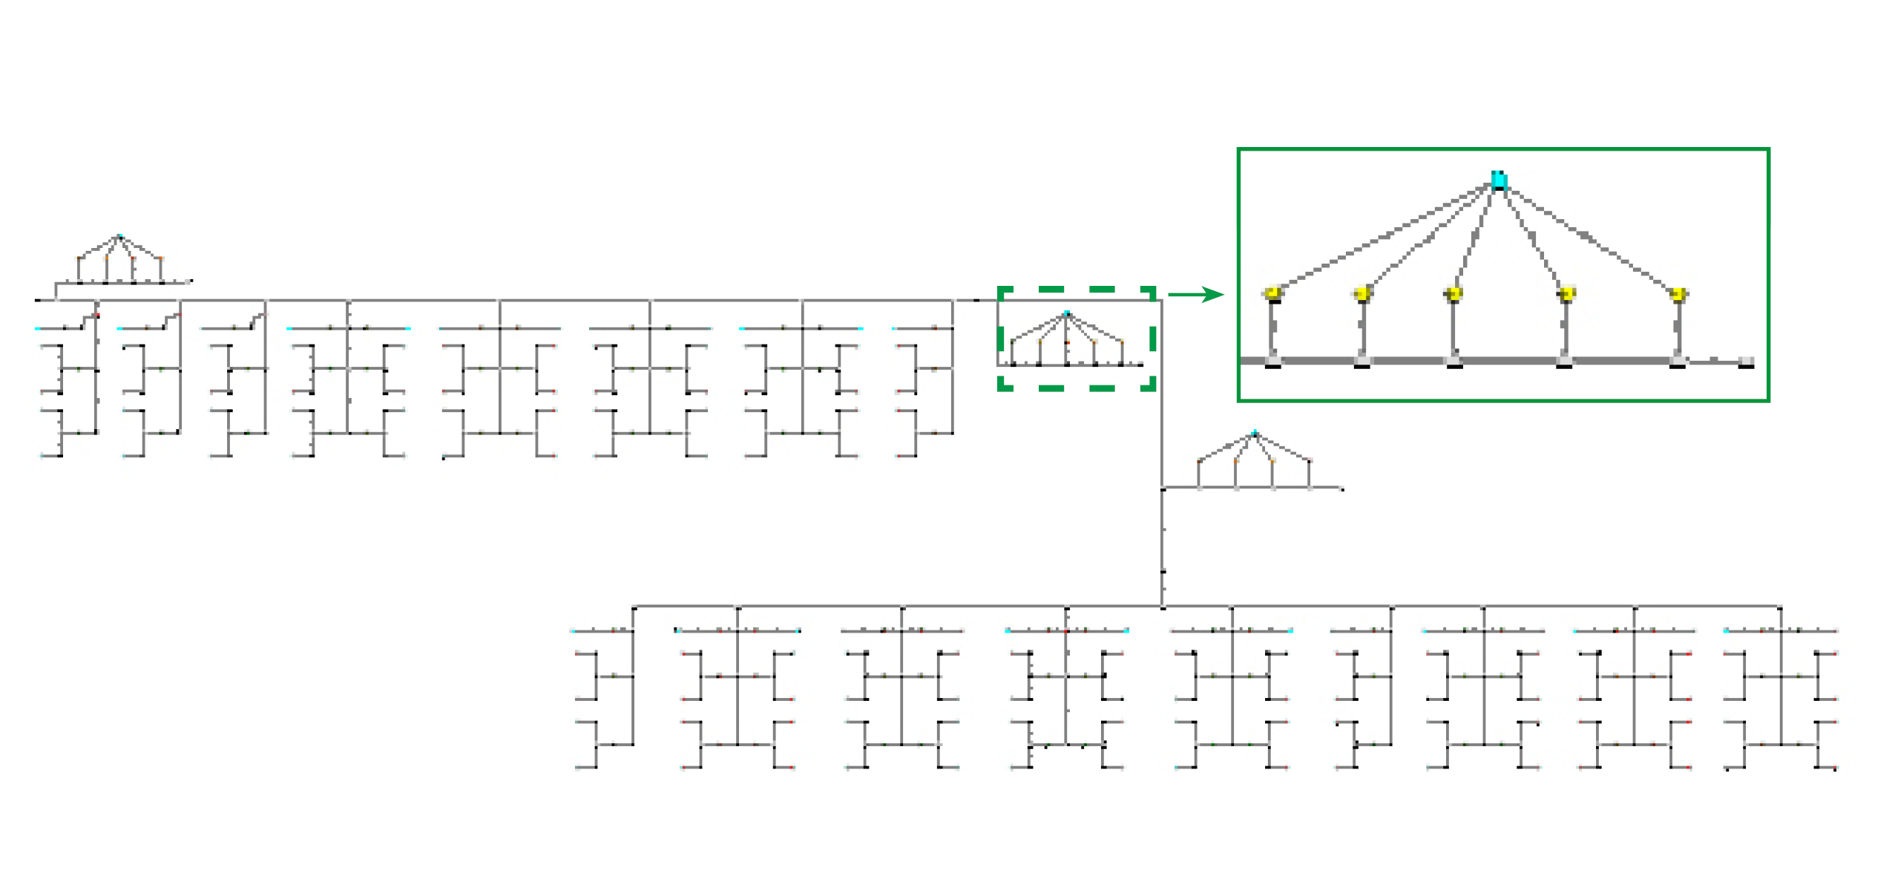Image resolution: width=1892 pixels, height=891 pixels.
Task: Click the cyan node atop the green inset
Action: tap(1498, 180)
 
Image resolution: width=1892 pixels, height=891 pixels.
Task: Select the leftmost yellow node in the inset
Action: tap(1273, 293)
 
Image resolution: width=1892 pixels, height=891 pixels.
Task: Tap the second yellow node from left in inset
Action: tap(1362, 294)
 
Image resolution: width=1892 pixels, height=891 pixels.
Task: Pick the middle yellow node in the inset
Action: tap(1454, 294)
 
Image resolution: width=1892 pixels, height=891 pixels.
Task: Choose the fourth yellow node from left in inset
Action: tap(1566, 294)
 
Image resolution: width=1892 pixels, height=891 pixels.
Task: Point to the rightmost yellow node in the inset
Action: tap(1678, 295)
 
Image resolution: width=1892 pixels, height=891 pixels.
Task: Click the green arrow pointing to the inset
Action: tap(1195, 295)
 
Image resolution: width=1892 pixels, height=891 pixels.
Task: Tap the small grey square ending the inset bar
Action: tap(1746, 362)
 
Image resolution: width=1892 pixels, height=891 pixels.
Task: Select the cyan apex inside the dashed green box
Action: tap(1067, 313)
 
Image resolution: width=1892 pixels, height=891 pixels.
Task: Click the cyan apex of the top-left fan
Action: tap(119, 237)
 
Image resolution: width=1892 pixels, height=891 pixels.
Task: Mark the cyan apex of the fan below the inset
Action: tap(1255, 433)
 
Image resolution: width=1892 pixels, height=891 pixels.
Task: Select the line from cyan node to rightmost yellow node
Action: tap(1588, 237)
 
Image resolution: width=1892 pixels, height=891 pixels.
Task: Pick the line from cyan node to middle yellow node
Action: tap(1476, 237)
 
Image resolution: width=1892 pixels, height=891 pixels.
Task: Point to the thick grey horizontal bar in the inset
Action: tap(1506, 361)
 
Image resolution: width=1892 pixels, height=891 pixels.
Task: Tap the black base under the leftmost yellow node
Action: tap(1273, 366)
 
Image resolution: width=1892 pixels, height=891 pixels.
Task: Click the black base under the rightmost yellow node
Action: tap(1678, 366)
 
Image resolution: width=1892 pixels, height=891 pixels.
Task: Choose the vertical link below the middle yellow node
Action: tap(1454, 327)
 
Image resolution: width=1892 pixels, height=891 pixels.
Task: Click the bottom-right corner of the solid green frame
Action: tap(1768, 400)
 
